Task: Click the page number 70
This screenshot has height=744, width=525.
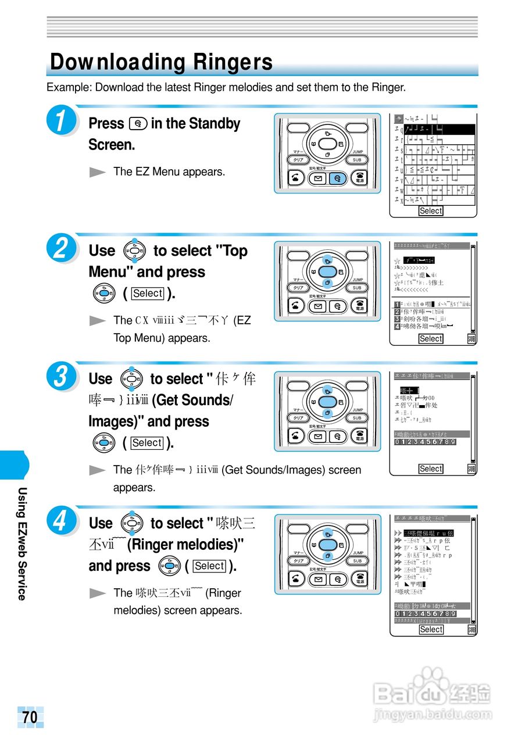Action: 30,717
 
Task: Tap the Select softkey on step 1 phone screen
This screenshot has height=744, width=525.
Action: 431,211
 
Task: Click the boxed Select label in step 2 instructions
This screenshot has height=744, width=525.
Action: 147,294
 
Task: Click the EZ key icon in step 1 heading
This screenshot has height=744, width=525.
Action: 138,124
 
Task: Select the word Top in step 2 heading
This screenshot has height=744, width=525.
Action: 235,251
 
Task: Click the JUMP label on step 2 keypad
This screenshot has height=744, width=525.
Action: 358,280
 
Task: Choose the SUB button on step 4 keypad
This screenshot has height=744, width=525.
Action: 357,561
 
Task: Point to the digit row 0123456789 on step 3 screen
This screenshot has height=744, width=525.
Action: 425,442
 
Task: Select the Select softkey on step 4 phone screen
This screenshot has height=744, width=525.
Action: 431,629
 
